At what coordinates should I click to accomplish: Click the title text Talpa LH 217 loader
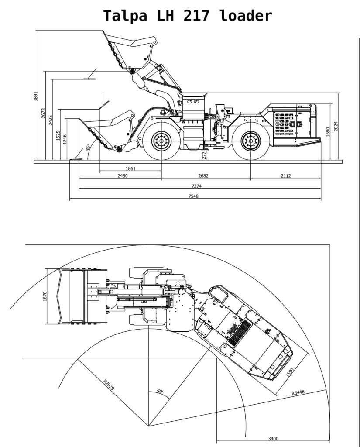188,15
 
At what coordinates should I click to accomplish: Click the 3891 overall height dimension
35,96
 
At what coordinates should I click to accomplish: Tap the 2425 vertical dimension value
51,120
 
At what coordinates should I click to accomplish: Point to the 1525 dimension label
58,136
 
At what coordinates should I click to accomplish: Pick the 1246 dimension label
65,139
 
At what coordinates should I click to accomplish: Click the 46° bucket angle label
88,147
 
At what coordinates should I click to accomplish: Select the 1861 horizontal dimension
130,168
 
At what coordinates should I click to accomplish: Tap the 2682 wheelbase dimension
203,175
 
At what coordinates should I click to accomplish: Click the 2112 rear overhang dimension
286,175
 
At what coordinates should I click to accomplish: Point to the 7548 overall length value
193,196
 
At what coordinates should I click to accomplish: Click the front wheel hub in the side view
161,141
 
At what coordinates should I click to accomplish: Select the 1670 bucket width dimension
44,296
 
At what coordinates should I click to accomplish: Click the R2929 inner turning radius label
109,385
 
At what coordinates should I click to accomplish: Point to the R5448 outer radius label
298,392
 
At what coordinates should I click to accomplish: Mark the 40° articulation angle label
161,391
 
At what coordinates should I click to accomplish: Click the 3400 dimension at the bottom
273,439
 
